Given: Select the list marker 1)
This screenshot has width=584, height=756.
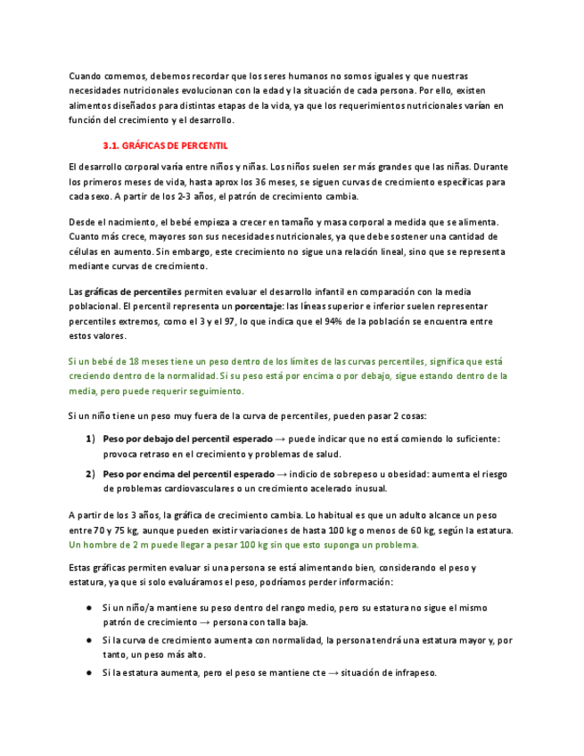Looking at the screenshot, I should coord(90,439).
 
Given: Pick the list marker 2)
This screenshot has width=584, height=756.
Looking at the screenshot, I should coord(90,473).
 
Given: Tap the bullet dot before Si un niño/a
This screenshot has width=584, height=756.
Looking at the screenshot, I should coord(89,606).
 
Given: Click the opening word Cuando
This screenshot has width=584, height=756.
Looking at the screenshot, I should coord(85,76).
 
